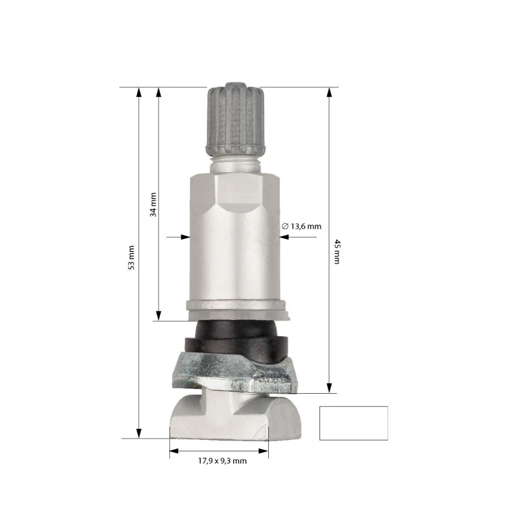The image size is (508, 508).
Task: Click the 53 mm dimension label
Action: [131, 258]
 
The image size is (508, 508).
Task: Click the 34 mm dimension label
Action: [152, 204]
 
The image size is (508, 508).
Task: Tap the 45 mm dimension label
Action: [336, 251]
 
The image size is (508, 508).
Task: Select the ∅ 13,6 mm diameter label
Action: [301, 226]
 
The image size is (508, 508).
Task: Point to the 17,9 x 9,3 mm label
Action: [222, 461]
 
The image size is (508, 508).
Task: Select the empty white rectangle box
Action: [354, 423]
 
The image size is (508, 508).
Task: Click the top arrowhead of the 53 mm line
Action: [139, 92]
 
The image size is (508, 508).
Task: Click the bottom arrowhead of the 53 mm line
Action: [139, 433]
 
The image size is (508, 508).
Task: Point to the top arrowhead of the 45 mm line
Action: [329, 92]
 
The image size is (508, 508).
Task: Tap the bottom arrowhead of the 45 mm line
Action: [329, 388]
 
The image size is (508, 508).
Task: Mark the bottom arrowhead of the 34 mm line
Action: [158, 315]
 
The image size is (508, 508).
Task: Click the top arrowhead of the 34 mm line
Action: [158, 92]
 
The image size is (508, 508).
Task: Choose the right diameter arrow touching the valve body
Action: [286, 236]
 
